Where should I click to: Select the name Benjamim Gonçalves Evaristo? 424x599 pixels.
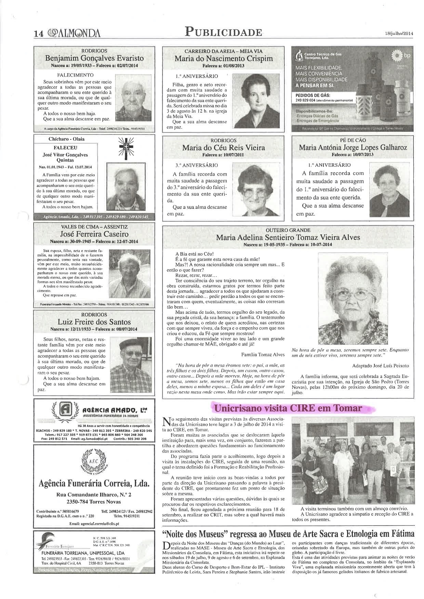94,58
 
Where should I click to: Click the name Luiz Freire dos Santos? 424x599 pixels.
94,322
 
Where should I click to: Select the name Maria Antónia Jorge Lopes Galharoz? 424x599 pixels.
353,148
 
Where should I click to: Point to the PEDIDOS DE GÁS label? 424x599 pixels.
313,95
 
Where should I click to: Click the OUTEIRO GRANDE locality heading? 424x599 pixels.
288,230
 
